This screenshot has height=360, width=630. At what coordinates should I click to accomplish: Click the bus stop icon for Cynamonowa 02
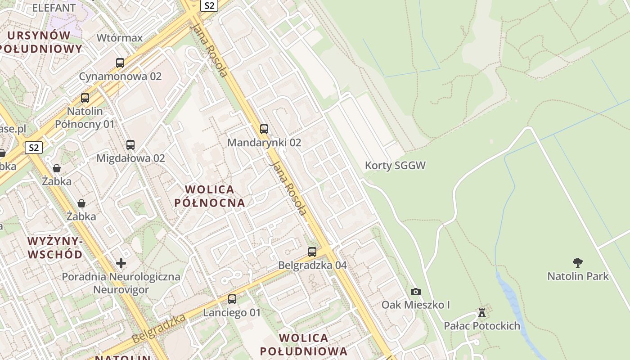tap(120, 63)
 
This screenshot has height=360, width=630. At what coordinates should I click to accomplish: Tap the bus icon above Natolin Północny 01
tap(85, 98)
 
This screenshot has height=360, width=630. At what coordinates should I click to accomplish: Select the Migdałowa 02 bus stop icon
tap(130, 145)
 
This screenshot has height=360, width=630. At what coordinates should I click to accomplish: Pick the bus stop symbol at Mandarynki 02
tap(264, 129)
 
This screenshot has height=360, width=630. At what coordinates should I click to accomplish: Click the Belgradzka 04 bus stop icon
tap(312, 252)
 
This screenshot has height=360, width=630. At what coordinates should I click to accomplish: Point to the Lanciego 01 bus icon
tap(232, 299)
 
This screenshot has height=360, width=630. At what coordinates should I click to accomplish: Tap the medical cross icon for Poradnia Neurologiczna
tap(121, 263)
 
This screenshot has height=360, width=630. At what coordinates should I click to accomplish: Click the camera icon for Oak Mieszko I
tap(416, 292)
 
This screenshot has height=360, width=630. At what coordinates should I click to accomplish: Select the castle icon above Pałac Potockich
tap(482, 312)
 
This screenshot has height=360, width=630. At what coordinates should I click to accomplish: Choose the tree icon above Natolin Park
tap(578, 263)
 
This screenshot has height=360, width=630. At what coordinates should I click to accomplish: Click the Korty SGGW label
tap(395, 166)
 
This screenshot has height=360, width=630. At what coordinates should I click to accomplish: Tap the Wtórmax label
tap(120, 38)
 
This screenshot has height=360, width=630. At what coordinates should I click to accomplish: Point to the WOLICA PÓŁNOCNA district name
tap(210, 196)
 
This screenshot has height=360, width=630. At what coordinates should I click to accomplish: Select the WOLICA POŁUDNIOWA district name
tap(304, 345)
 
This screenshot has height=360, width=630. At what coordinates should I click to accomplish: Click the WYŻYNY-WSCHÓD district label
tap(55, 248)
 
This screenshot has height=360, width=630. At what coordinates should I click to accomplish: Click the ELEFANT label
tap(54, 8)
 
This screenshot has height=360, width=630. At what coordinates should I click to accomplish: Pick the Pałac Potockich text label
tap(482, 326)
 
